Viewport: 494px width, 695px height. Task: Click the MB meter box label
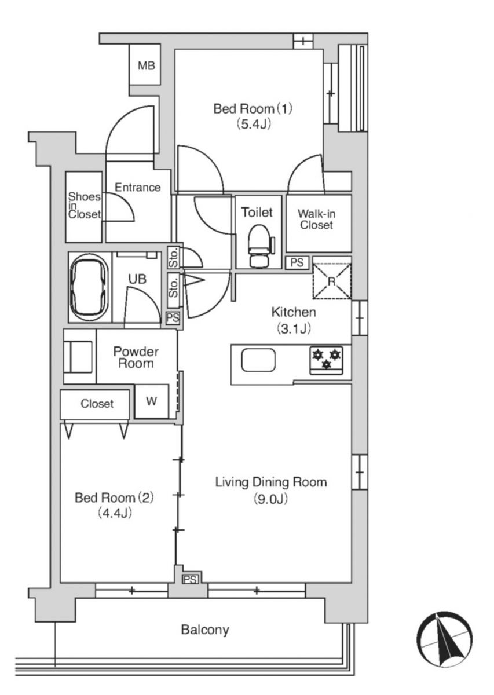[147, 65]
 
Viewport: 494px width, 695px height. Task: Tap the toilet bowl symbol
[259, 246]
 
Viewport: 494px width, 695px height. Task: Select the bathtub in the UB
[90, 287]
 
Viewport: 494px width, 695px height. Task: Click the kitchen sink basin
[258, 360]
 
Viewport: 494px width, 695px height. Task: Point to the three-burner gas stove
[326, 360]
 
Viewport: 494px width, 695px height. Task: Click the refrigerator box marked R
[332, 281]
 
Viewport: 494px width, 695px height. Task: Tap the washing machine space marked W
[151, 401]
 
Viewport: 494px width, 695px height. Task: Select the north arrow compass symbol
[444, 639]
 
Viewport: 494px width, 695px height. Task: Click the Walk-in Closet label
[317, 219]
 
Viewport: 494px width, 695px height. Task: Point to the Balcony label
[205, 630]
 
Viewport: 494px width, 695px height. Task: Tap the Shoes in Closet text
[85, 206]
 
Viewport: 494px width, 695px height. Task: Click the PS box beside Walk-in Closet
[297, 262]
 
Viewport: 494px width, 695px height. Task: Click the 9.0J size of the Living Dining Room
[271, 499]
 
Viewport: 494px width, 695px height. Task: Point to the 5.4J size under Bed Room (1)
[254, 124]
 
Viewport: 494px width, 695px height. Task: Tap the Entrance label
[138, 187]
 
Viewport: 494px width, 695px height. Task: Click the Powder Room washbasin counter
[80, 356]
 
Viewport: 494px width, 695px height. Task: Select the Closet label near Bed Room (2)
[97, 403]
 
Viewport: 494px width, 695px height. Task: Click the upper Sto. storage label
[174, 257]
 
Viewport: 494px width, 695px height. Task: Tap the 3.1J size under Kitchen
[294, 328]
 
